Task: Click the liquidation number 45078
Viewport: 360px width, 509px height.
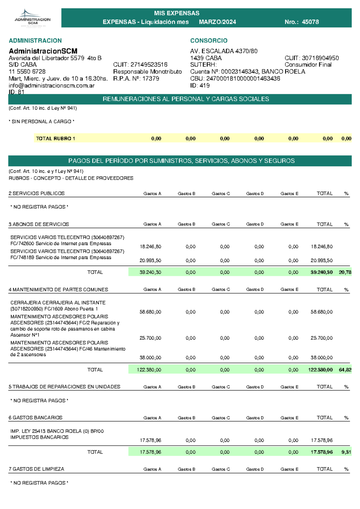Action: point(310,22)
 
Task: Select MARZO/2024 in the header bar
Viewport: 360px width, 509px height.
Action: point(217,22)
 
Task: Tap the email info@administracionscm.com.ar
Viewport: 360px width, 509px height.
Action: point(52,86)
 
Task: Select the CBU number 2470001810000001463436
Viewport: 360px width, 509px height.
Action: point(243,79)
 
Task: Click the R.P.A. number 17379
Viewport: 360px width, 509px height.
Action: point(151,79)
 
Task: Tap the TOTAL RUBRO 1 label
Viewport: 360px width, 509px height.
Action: point(55,139)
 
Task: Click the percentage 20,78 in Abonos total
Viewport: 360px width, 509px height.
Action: point(345,272)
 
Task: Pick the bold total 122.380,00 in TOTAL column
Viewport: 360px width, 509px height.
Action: point(320,370)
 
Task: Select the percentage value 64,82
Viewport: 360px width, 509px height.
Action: point(345,370)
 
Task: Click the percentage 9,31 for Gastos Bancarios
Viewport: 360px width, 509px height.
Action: point(346,452)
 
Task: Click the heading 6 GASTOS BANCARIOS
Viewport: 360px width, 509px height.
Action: point(35,418)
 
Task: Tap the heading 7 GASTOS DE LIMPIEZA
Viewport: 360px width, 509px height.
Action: point(36,469)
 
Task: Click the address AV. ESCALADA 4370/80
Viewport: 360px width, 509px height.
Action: point(224,51)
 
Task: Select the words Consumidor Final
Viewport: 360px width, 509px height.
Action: point(308,65)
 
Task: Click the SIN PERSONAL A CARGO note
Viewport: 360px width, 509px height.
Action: point(42,122)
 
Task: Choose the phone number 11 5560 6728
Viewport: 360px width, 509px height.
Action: point(27,72)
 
